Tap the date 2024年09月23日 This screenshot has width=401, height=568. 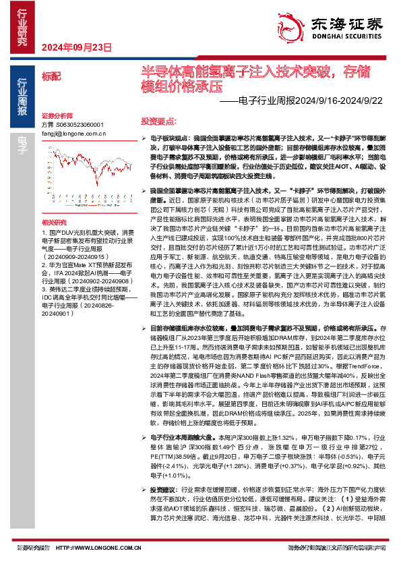point(76,47)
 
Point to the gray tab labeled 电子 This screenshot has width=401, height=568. point(22,140)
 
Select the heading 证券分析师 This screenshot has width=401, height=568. point(56,116)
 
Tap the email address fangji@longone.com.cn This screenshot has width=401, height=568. point(79,134)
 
